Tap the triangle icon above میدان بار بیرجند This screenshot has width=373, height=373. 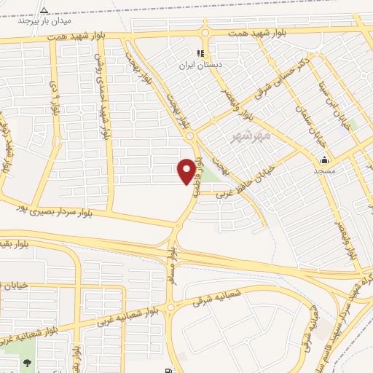tap(44, 10)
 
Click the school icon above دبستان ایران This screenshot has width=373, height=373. tap(201, 54)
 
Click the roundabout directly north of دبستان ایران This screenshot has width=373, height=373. tap(205, 32)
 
